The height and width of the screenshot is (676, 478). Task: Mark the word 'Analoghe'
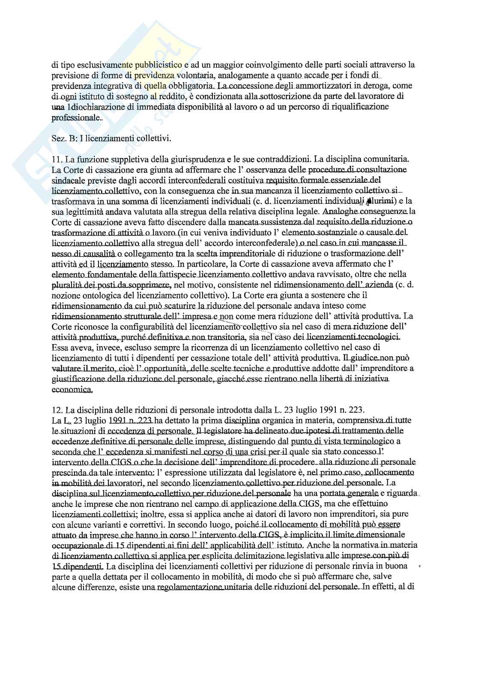click(x=341, y=211)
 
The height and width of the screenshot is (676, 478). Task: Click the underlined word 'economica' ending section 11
click(x=72, y=389)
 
